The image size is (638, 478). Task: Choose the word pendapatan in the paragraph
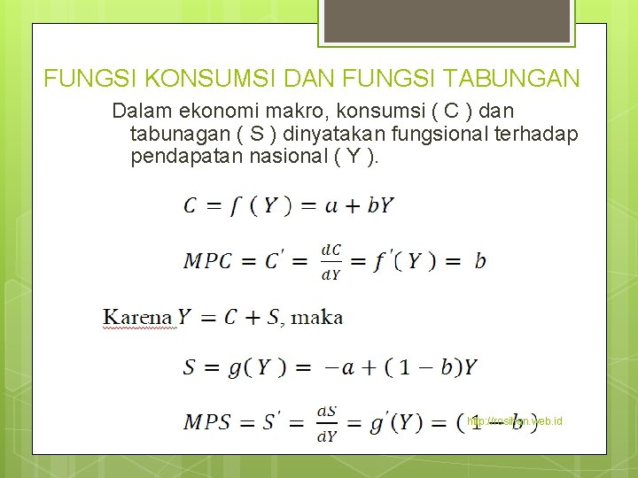coord(178,158)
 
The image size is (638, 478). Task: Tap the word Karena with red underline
coord(137,317)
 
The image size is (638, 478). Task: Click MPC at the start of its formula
coord(208,261)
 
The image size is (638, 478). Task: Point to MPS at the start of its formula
coord(207,422)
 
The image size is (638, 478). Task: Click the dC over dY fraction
coord(331,262)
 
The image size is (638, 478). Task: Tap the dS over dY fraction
coord(326,423)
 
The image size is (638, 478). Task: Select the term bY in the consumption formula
coord(380,205)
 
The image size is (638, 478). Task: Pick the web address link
coord(515,421)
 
